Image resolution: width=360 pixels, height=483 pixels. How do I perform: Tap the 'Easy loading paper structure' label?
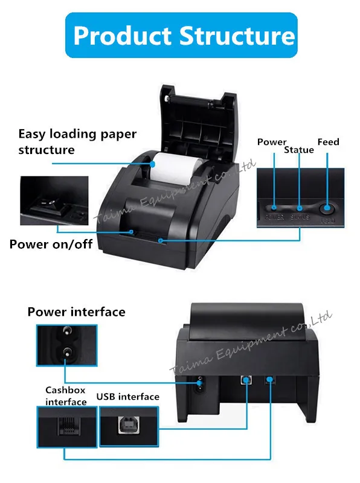pyautogui.click(x=77, y=141)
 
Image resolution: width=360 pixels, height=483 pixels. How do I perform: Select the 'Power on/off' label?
pyautogui.click(x=51, y=245)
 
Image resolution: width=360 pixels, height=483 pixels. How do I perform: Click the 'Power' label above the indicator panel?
pyautogui.click(x=271, y=142)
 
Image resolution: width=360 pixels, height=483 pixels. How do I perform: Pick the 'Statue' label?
pyautogui.click(x=299, y=149)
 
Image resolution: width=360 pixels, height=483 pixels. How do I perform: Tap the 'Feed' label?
pyautogui.click(x=328, y=142)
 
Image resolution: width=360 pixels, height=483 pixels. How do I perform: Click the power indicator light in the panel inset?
pyautogui.click(x=275, y=207)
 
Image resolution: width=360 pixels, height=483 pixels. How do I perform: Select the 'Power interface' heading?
pyautogui.click(x=76, y=312)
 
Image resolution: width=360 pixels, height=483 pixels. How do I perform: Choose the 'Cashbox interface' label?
pyautogui.click(x=66, y=396)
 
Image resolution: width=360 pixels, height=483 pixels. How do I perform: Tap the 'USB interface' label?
pyautogui.click(x=127, y=397)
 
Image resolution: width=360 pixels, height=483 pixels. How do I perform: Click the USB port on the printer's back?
pyautogui.click(x=246, y=380)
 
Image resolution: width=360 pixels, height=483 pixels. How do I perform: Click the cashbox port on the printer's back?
pyautogui.click(x=269, y=380)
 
